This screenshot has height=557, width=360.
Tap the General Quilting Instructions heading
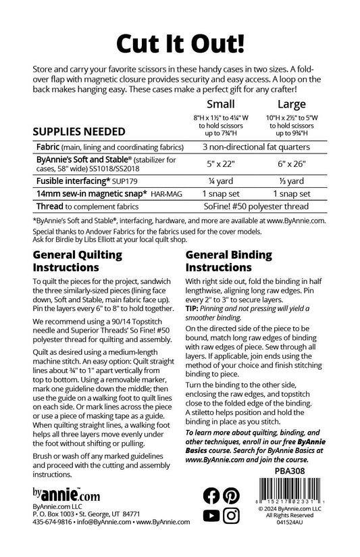click(x=78, y=261)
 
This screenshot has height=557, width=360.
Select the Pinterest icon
click(x=231, y=495)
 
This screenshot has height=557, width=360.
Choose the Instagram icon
click(x=231, y=516)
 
